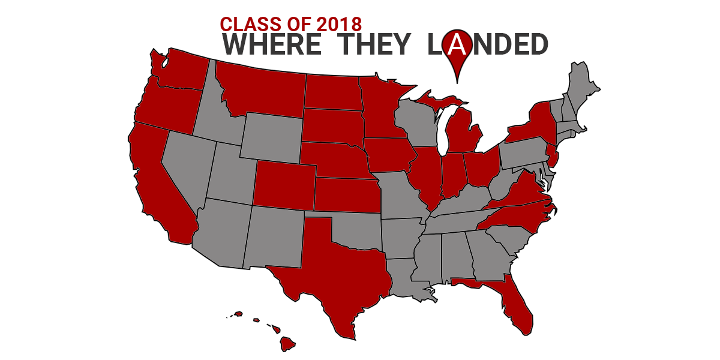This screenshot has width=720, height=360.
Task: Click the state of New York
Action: point(534,123)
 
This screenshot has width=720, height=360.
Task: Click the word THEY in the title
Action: point(373,45)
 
